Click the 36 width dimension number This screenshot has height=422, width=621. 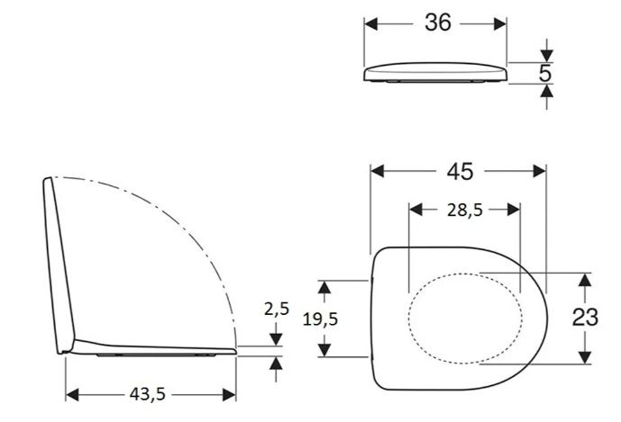click(x=438, y=22)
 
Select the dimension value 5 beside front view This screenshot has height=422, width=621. click(x=545, y=73)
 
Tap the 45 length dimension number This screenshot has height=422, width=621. click(x=460, y=172)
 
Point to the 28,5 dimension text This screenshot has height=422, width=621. click(x=465, y=211)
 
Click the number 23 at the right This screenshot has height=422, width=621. click(x=585, y=318)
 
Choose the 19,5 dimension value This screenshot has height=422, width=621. click(x=320, y=319)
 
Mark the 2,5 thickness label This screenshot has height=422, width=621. click(x=277, y=310)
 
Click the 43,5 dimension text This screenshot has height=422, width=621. click(x=147, y=394)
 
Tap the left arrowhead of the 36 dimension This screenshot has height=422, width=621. click(x=370, y=24)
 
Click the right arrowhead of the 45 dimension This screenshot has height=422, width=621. click(x=539, y=171)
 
